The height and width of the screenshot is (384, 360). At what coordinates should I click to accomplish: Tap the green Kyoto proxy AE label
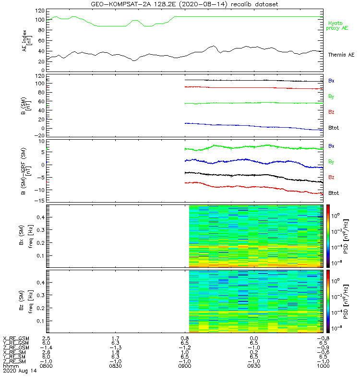pyautogui.click(x=338, y=25)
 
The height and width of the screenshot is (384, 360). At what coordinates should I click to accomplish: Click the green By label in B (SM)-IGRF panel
pyautogui.click(x=332, y=162)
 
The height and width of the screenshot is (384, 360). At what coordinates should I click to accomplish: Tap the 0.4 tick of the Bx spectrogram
pyautogui.click(x=39, y=217)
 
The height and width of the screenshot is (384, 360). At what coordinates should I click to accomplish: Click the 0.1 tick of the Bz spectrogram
pyautogui.click(x=39, y=321)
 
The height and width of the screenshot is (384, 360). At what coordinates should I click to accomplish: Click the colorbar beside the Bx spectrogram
pyautogui.click(x=328, y=236)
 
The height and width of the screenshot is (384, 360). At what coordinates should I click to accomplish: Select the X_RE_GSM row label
pyautogui.click(x=16, y=338)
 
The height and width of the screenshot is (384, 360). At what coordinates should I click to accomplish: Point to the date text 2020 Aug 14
pyautogui.click(x=19, y=371)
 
